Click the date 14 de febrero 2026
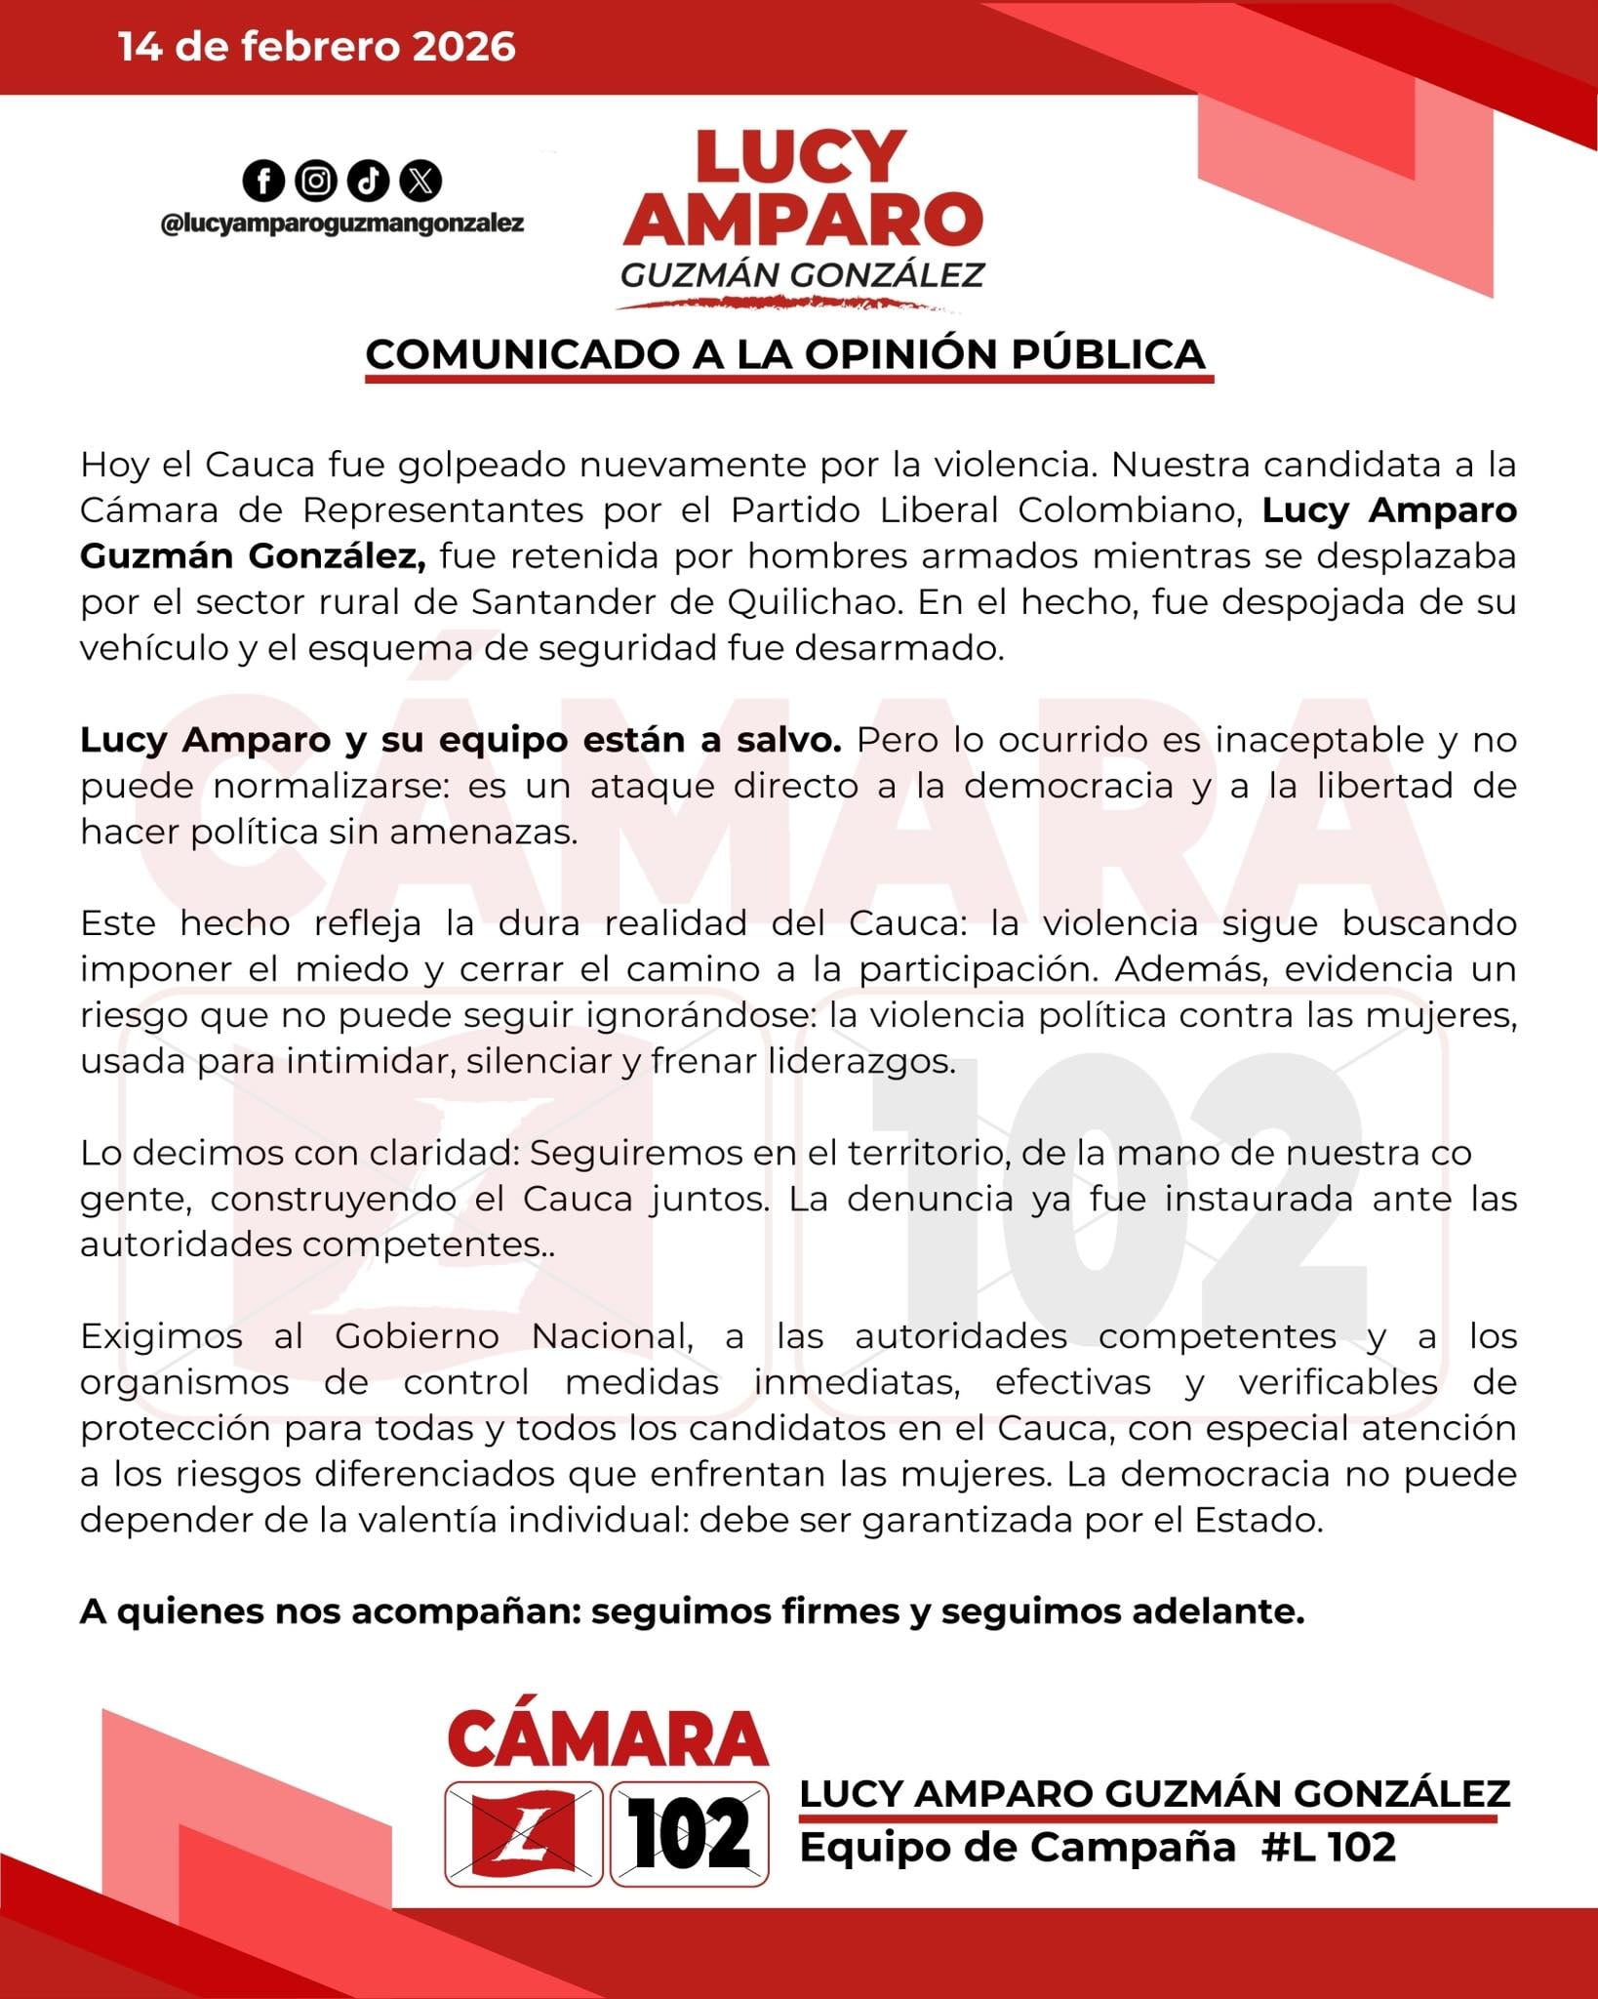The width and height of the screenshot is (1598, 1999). pos(317,47)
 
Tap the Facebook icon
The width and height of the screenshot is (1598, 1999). pos(263,181)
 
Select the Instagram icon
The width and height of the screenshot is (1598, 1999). pos(315,181)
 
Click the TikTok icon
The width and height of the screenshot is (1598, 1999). pos(368,181)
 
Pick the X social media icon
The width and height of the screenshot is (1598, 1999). pos(420,181)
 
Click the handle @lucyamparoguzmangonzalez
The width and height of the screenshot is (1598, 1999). pos(341,224)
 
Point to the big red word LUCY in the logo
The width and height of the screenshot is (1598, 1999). pos(801,157)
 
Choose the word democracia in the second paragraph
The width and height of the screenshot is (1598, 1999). pos(1068,786)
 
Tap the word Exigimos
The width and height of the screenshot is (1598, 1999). pos(161,1336)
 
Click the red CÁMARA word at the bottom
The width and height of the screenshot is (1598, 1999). pos(608,1738)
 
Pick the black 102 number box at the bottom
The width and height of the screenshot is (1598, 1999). pos(689,1834)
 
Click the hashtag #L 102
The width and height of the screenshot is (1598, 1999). pos(1328,1847)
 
